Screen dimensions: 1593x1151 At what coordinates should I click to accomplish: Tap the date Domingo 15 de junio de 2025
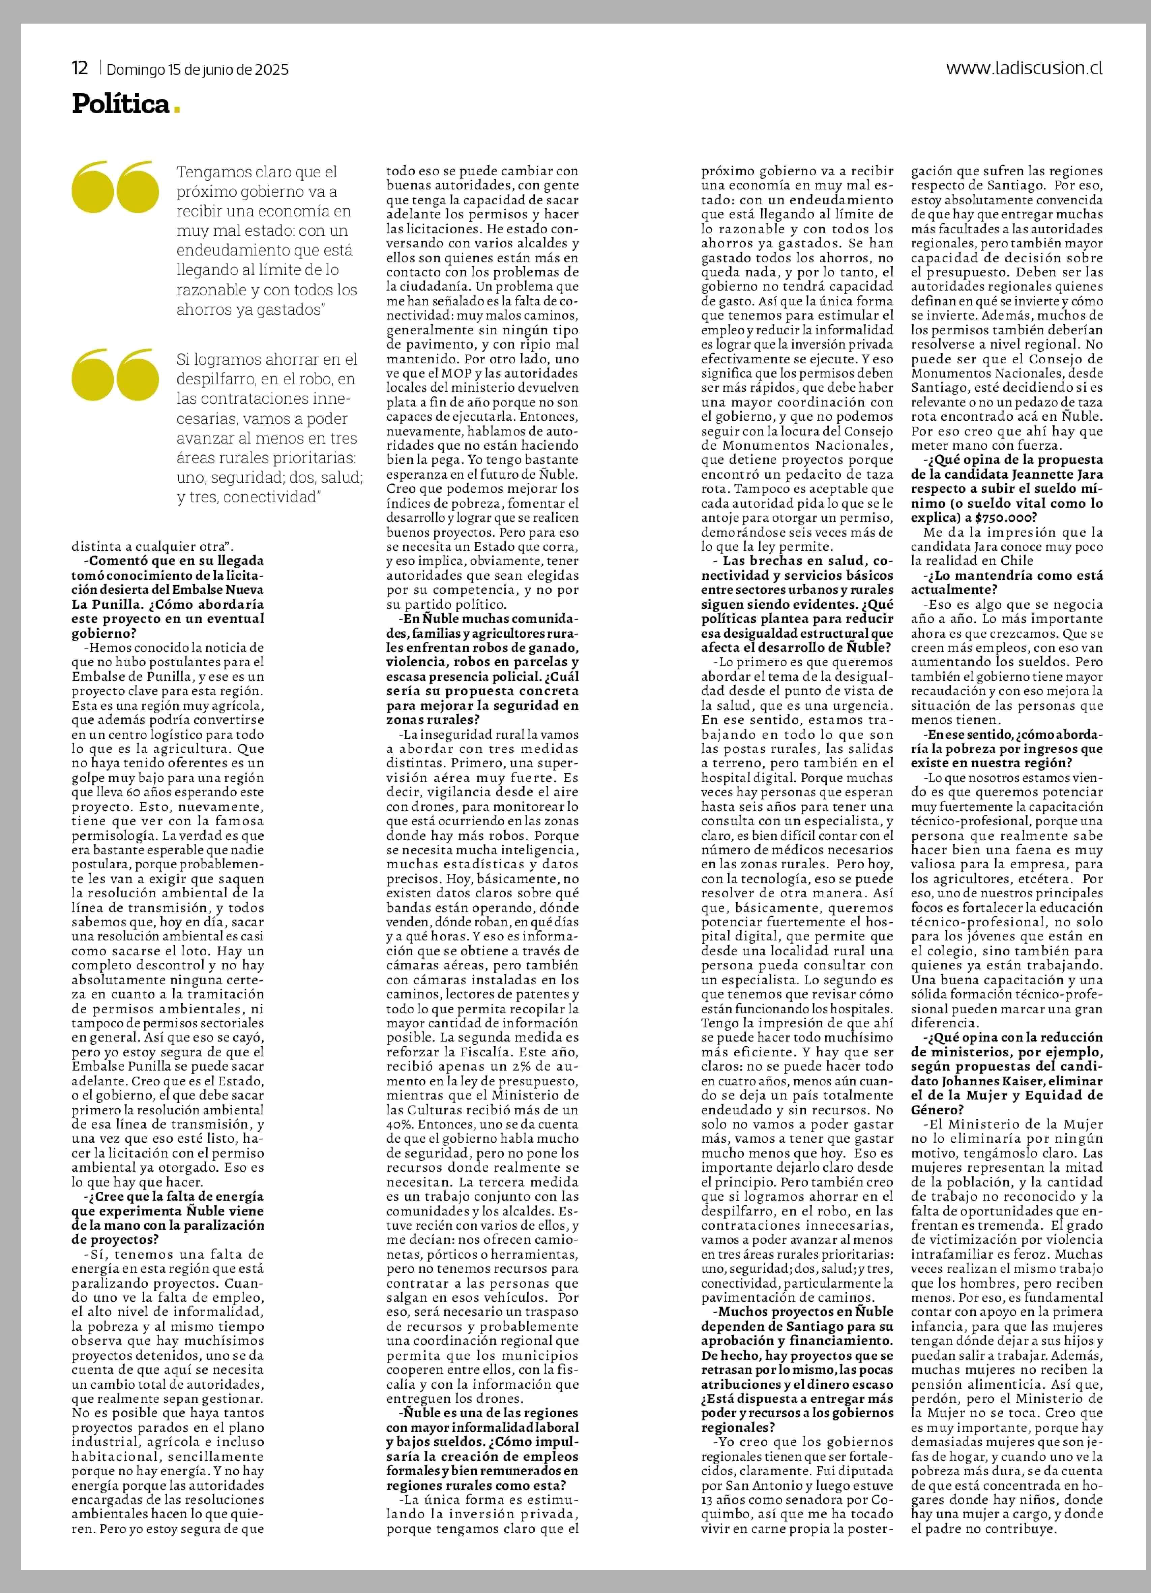[x=198, y=69]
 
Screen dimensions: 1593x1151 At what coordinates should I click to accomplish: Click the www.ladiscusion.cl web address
[x=1024, y=68]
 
